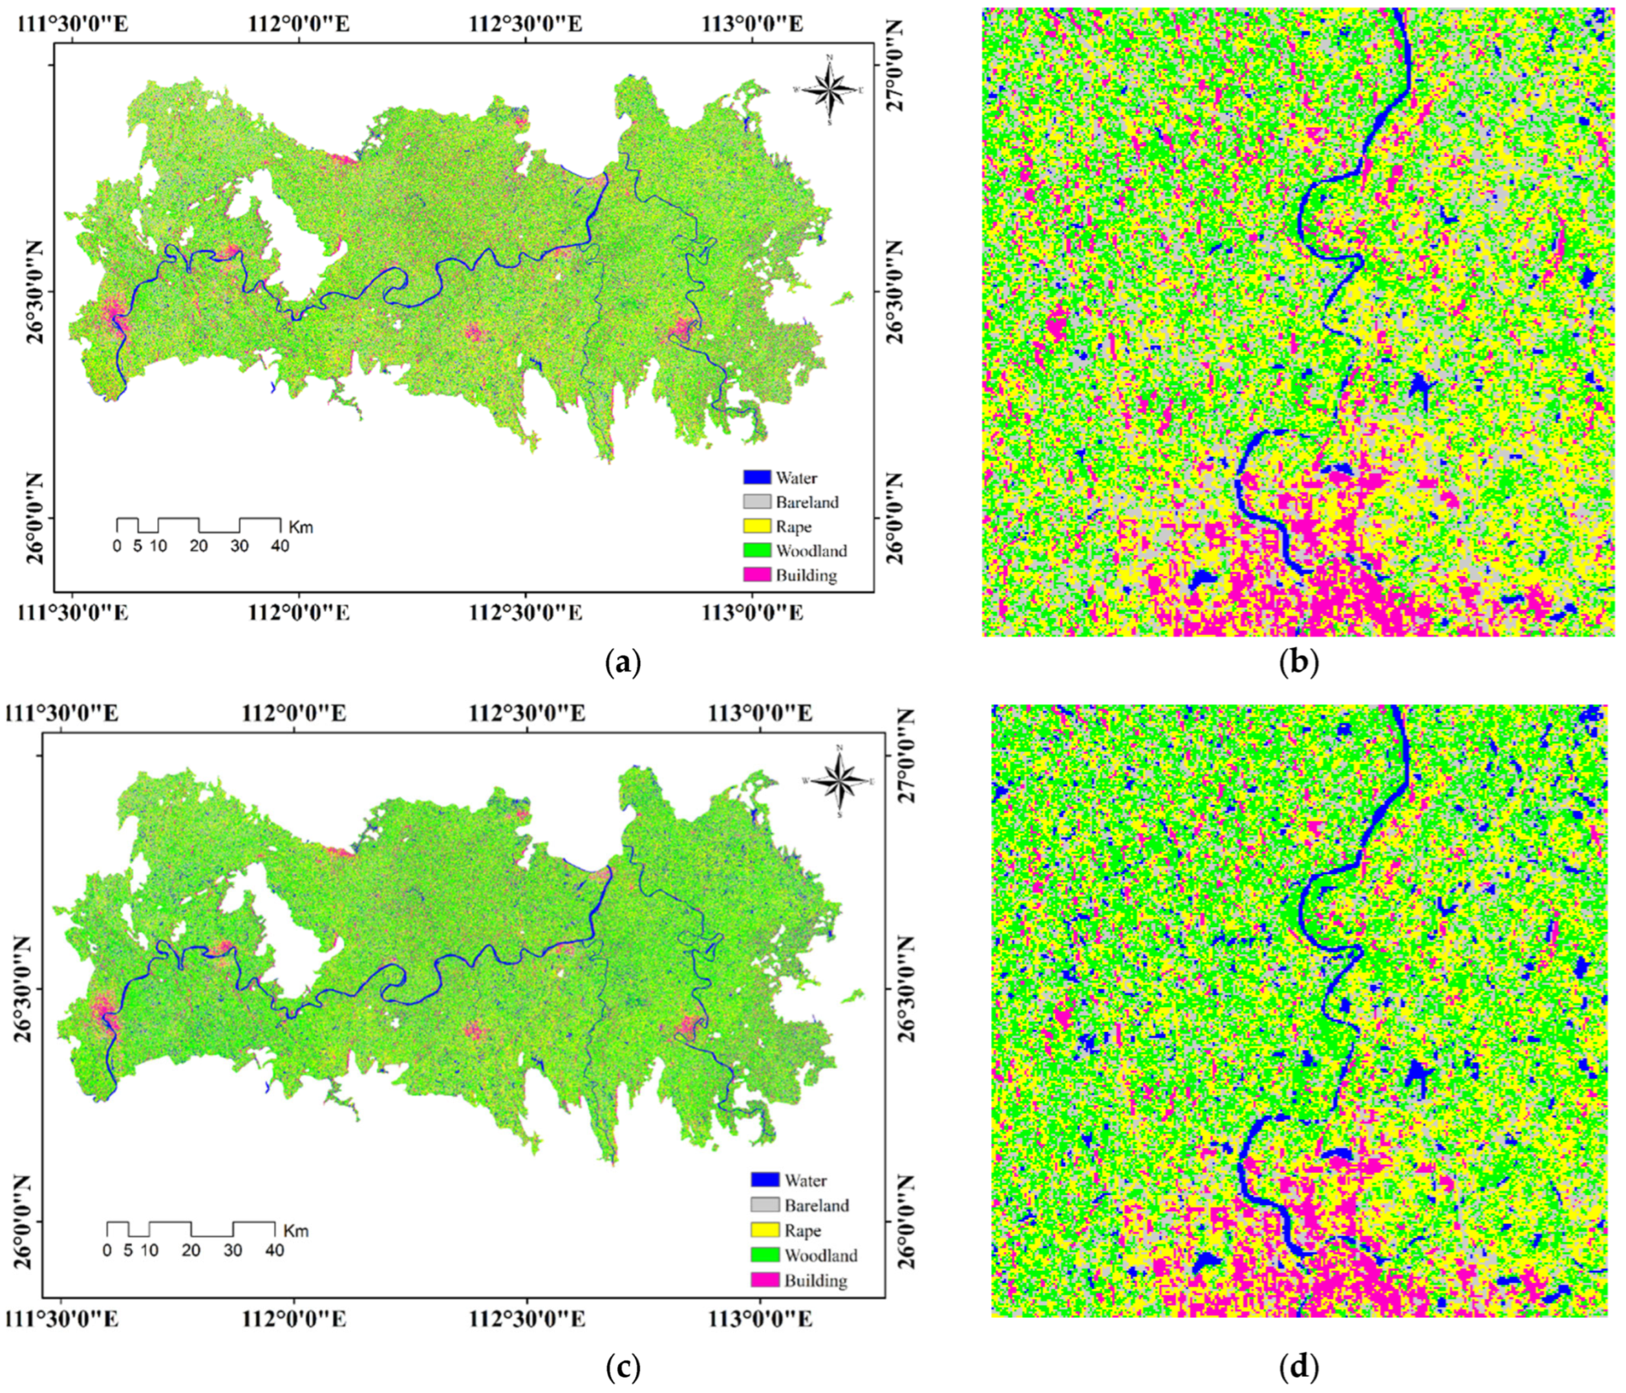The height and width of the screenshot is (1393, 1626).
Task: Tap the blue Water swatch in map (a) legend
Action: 756,477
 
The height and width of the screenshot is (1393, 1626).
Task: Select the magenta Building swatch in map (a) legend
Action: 756,575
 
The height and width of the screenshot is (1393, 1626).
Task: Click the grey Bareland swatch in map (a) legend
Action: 756,501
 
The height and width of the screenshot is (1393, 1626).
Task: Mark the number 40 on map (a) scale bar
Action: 279,547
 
